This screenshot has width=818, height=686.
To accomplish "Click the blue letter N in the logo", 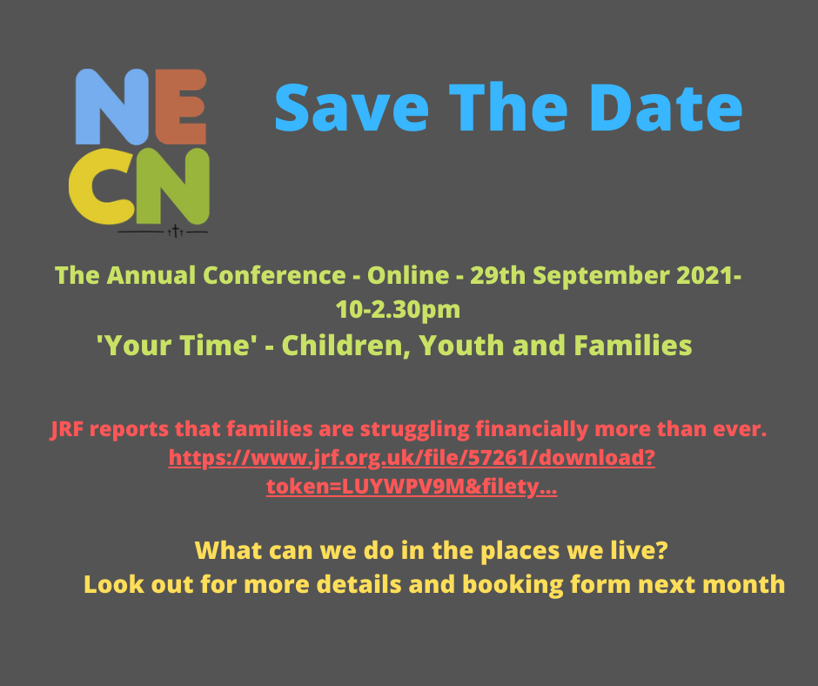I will (110, 106).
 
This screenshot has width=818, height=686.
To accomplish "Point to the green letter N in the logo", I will (178, 185).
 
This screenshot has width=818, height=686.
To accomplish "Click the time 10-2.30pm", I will (398, 308).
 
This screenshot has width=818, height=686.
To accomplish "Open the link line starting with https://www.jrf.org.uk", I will (411, 458).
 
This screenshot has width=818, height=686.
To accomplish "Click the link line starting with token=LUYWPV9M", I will (411, 488).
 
